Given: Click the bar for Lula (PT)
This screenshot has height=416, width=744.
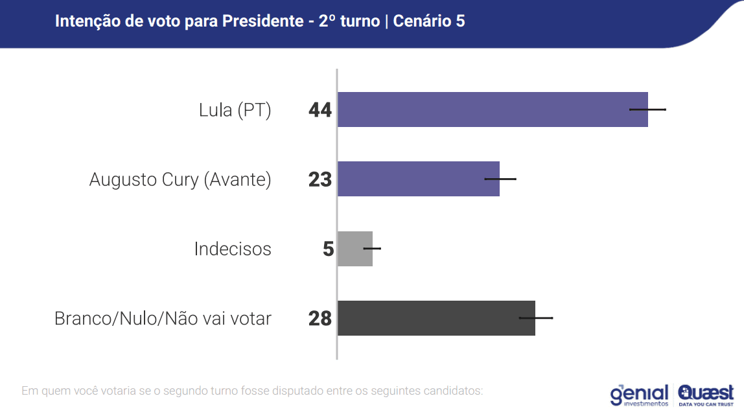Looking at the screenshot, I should click(486, 110).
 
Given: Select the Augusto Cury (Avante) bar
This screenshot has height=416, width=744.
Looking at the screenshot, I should click(415, 179).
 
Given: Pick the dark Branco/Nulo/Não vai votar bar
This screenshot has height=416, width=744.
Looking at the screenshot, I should click(434, 318).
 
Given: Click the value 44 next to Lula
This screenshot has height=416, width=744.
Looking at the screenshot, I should click(320, 110).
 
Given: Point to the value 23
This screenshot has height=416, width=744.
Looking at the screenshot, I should click(320, 179).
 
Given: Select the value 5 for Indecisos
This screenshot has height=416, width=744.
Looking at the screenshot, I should click(328, 249).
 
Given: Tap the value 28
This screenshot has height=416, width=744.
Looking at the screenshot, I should click(320, 319).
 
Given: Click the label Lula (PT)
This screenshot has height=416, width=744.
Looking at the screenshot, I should click(235, 110).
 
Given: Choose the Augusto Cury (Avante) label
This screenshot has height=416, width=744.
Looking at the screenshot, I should click(180, 179).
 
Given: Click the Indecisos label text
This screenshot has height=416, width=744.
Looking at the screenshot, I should click(233, 249).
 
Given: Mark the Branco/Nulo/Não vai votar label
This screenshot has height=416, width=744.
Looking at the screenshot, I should click(163, 319).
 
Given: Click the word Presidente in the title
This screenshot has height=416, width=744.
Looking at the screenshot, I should click(262, 21).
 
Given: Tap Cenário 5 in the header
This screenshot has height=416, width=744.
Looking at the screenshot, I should click(430, 21).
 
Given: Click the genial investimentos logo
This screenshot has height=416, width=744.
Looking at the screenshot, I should click(639, 395).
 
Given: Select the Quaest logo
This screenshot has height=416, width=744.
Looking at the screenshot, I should click(706, 395).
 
